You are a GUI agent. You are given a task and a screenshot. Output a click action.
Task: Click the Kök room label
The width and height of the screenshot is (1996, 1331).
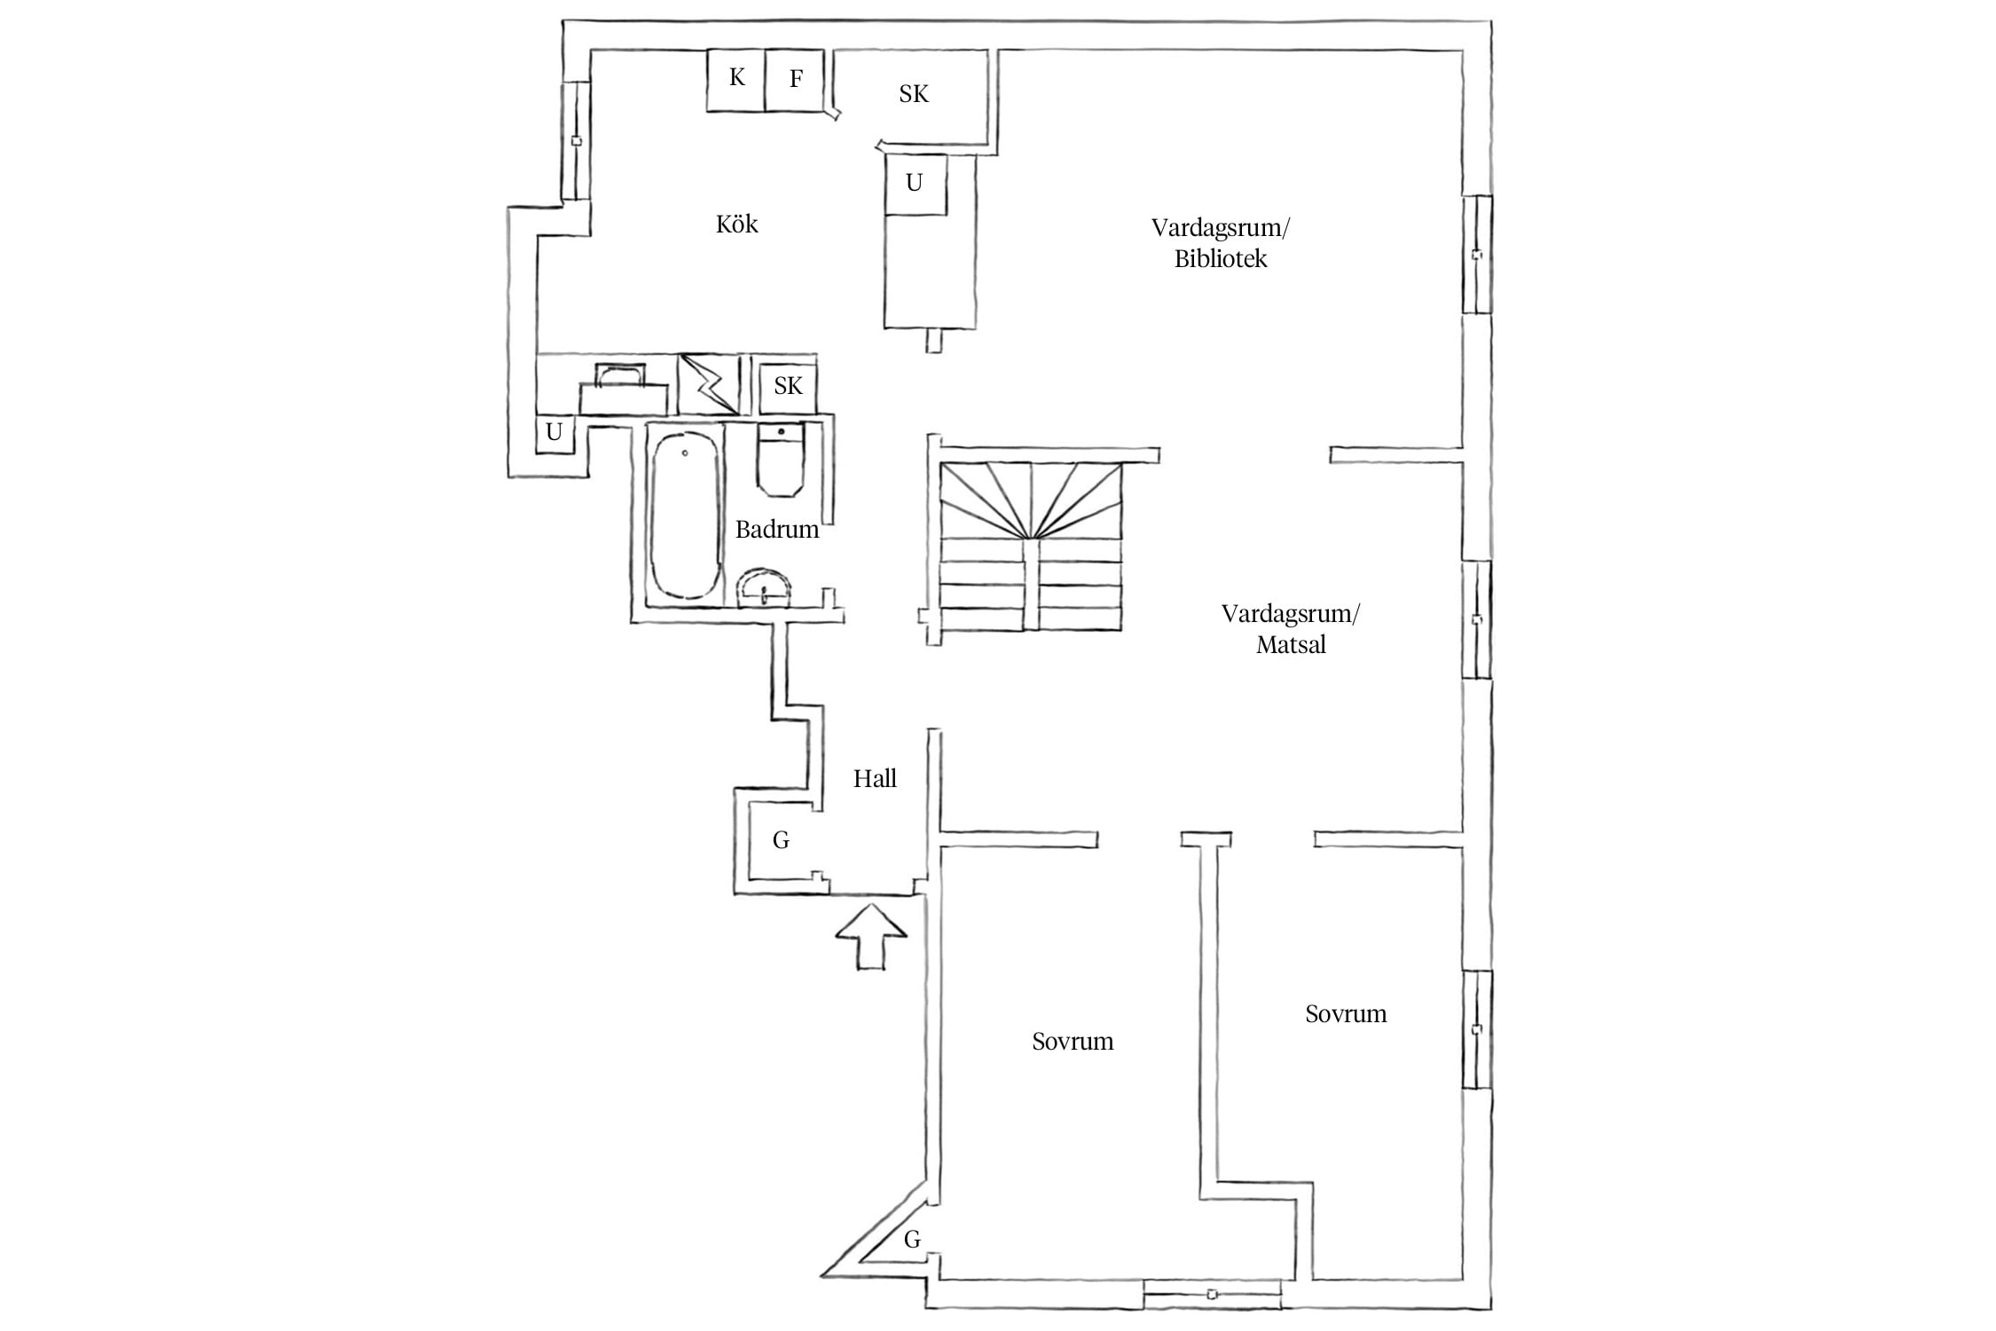(x=736, y=224)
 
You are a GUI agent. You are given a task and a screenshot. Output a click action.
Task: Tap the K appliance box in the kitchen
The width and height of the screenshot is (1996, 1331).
(x=735, y=80)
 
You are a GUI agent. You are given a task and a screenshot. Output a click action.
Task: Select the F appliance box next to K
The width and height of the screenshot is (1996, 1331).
(x=795, y=80)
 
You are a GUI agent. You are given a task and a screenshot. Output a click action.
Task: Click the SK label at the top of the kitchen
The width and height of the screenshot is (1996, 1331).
(x=914, y=94)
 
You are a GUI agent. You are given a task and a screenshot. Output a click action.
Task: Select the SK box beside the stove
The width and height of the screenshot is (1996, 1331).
(x=788, y=385)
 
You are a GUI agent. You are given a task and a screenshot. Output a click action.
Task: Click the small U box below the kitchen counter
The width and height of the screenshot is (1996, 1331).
(x=554, y=434)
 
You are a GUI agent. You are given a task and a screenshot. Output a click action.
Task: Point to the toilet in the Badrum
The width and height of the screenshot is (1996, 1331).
(x=781, y=460)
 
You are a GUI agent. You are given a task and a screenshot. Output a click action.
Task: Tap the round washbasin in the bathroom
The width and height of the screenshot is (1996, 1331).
(x=765, y=587)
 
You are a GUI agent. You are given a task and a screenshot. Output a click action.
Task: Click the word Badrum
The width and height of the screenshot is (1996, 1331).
(x=777, y=530)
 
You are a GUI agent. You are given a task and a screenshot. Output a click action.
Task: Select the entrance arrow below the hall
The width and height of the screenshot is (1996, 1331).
(x=872, y=936)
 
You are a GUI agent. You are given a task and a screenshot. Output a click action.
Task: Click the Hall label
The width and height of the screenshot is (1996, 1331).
(x=875, y=779)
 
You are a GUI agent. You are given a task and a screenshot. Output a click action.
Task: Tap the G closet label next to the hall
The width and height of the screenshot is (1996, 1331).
(x=781, y=840)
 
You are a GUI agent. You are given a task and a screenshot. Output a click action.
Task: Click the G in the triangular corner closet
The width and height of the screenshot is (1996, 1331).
(x=912, y=1240)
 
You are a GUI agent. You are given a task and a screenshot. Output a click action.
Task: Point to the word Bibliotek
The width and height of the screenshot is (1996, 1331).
(x=1221, y=259)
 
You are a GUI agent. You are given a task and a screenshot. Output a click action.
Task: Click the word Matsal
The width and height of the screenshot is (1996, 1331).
(x=1291, y=645)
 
